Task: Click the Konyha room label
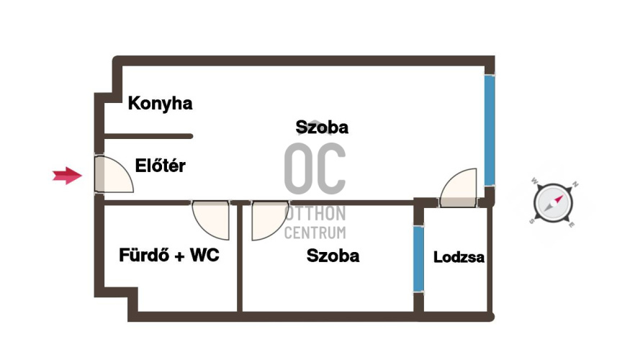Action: click(160, 103)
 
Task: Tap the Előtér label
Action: click(161, 166)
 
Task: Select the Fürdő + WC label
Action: click(169, 255)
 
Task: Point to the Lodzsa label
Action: click(459, 257)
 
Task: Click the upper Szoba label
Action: click(322, 127)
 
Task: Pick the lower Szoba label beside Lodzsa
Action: click(333, 256)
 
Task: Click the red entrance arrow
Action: click(67, 176)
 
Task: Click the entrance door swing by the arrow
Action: click(113, 174)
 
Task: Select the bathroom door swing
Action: click(211, 220)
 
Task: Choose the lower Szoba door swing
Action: click(270, 220)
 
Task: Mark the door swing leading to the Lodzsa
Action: click(459, 188)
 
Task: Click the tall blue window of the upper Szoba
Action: click(490, 130)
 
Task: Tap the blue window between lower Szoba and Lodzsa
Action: click(418, 258)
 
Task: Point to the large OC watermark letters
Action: click(315, 168)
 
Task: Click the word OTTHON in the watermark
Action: click(315, 214)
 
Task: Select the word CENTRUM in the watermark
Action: click(315, 233)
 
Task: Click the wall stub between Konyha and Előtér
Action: click(148, 136)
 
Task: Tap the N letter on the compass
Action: click(575, 184)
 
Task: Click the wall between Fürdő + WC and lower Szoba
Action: click(240, 258)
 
